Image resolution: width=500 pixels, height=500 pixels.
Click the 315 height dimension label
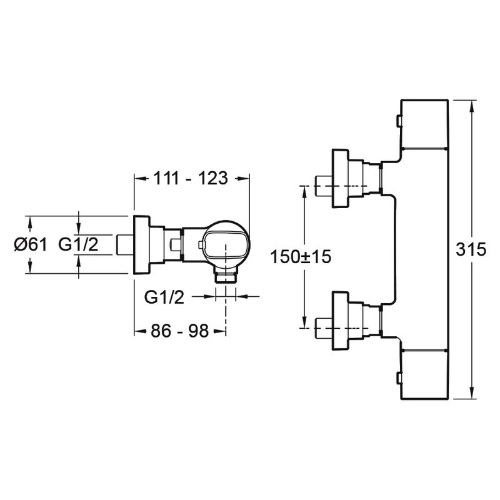click(471, 249)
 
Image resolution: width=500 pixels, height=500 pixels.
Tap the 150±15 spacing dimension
click(301, 257)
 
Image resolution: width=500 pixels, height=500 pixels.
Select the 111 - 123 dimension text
click(191, 178)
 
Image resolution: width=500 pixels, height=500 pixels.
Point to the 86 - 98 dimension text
click(179, 331)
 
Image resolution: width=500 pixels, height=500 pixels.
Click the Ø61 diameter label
click(31, 245)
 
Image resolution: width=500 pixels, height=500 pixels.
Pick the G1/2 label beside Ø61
click(78, 245)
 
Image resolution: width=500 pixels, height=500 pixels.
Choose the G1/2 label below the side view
click(164, 297)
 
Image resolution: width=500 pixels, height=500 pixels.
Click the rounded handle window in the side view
click(225, 245)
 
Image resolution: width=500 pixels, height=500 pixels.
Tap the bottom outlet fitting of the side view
click(226, 274)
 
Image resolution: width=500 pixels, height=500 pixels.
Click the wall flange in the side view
click(142, 245)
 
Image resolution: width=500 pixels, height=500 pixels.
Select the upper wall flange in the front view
click(340, 179)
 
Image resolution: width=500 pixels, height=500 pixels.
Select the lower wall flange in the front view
click(340, 321)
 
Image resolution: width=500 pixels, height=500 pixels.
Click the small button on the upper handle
click(398, 121)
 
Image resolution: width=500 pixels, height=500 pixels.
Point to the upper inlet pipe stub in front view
click(323, 186)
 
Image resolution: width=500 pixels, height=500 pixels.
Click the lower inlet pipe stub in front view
click(323, 327)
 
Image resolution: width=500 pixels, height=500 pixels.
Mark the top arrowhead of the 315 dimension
click(472, 105)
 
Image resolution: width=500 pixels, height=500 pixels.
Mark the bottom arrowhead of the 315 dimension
click(472, 393)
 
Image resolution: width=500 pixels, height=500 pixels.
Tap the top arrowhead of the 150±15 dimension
click(304, 191)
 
